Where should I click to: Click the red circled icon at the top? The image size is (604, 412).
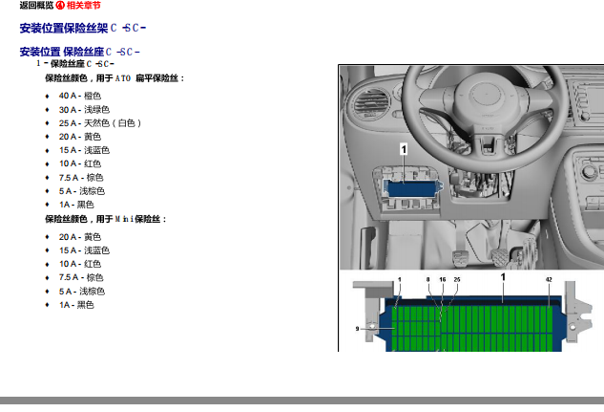[x=60, y=5]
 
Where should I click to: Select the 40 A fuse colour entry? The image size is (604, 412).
[x=80, y=96]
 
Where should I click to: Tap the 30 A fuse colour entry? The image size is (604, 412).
[x=84, y=110]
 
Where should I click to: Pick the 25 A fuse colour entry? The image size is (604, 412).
[x=100, y=123]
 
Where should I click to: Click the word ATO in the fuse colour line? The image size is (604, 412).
[x=123, y=78]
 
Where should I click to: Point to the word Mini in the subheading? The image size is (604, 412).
[x=124, y=219]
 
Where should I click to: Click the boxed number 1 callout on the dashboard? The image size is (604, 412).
[x=404, y=149]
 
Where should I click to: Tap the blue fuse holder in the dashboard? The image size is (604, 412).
[x=413, y=188]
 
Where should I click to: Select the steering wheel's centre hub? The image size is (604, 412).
[x=486, y=94]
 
